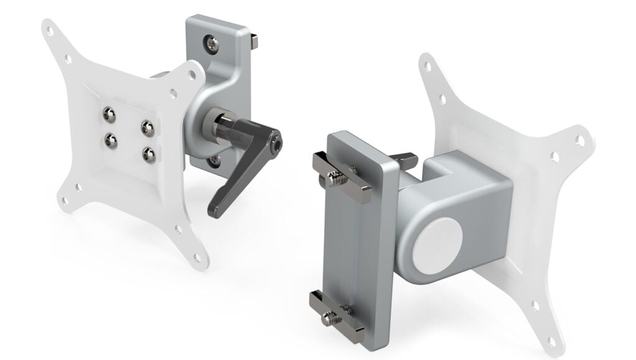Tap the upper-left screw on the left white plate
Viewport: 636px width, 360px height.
109,114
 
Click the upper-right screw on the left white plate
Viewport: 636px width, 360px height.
147,128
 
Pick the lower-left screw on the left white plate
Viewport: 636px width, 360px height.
111,141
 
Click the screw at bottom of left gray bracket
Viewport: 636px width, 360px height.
214,161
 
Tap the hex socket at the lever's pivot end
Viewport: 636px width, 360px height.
275,144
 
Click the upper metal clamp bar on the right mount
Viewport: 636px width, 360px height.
342,177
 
